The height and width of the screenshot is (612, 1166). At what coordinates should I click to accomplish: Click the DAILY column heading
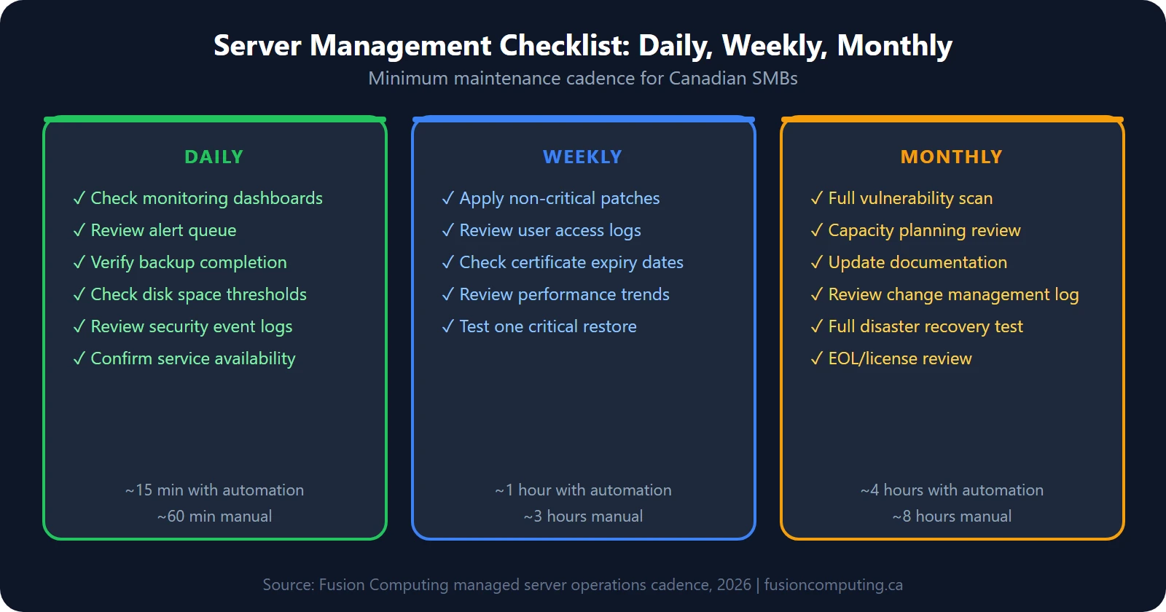coord(214,157)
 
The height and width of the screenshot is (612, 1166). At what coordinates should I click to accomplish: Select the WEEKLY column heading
coord(582,157)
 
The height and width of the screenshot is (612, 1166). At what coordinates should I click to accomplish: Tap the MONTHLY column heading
coord(951,157)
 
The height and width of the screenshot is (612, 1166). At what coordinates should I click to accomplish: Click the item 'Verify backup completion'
coord(188,262)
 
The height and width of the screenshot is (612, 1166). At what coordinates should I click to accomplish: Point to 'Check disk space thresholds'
coord(198,294)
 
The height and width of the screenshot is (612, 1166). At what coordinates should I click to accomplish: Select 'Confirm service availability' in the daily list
coord(192,358)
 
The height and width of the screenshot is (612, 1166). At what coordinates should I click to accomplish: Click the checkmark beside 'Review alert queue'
coord(79,230)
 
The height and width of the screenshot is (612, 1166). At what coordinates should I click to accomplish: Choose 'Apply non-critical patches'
coord(559,198)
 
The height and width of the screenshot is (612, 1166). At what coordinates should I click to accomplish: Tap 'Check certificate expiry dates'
coord(571,262)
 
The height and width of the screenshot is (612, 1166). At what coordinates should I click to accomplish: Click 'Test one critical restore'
coord(547,326)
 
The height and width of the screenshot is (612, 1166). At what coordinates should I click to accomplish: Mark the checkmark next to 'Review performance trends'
coord(448,294)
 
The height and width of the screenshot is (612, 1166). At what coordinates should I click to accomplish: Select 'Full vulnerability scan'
coord(910,198)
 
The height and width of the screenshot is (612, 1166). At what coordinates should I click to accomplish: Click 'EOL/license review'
coord(900,358)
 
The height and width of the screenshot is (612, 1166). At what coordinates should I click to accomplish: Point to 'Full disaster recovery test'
coord(926,326)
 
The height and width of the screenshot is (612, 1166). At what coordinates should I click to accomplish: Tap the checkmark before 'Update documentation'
coord(817,262)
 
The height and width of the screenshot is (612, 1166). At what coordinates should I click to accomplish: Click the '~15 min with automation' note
coord(214,490)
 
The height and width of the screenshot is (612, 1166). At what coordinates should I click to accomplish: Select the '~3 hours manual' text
coord(583,517)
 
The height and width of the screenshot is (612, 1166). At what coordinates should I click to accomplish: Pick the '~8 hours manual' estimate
coord(952,517)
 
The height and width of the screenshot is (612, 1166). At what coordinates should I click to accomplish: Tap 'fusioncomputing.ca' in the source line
coord(833,585)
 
